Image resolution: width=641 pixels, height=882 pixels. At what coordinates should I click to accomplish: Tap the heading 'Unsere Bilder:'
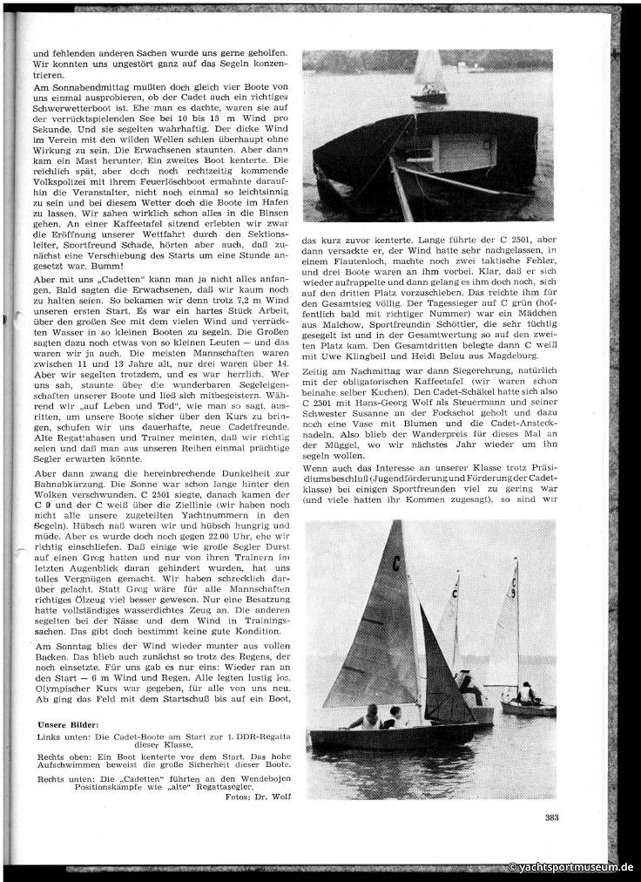68,723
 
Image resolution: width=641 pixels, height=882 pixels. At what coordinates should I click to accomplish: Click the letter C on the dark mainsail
396,565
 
